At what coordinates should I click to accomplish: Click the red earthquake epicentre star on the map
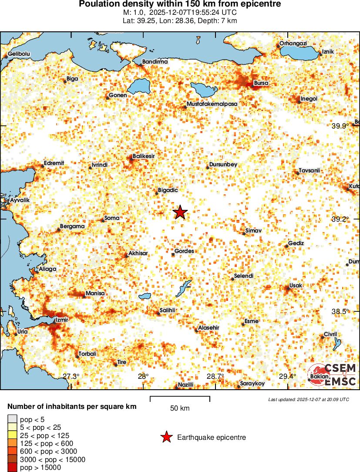[180, 212]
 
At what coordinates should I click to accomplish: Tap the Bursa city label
[261, 83]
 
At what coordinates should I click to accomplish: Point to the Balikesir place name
[144, 156]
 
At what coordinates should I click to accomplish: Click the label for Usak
[296, 285]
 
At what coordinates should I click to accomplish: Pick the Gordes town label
[184, 251]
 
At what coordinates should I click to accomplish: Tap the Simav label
[253, 230]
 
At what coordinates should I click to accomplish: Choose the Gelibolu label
[19, 54]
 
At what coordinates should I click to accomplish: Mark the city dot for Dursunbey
[208, 167]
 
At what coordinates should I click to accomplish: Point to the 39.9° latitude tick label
[340, 126]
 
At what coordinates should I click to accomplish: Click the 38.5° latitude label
[340, 312]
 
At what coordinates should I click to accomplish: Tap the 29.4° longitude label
[287, 377]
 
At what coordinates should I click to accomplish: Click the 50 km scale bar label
[180, 408]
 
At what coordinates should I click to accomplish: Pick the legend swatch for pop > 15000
[13, 468]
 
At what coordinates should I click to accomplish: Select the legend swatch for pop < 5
[13, 419]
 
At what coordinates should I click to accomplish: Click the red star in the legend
[166, 437]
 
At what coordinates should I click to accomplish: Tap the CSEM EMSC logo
[333, 374]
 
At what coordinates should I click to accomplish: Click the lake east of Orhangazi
[298, 53]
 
